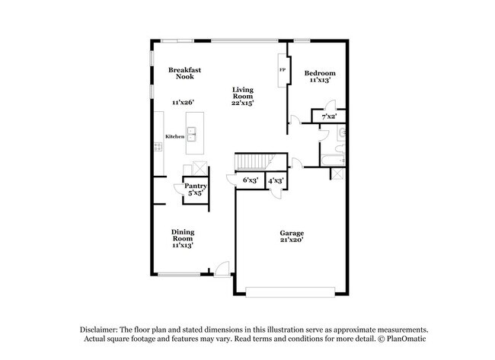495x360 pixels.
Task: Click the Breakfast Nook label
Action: point(184,73)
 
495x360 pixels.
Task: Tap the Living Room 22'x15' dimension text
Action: point(244,104)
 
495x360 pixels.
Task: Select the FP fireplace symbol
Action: point(283,70)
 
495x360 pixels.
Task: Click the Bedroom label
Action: point(320,73)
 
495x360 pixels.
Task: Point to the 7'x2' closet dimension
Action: point(329,116)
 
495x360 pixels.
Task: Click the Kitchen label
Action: point(175,136)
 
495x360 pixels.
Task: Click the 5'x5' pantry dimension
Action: point(195,193)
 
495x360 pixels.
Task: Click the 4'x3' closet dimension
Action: point(276,180)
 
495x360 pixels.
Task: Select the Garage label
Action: point(292,233)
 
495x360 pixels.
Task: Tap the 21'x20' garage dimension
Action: point(292,241)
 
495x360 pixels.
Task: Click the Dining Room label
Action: point(183,235)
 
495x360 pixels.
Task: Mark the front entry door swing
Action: point(222,268)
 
